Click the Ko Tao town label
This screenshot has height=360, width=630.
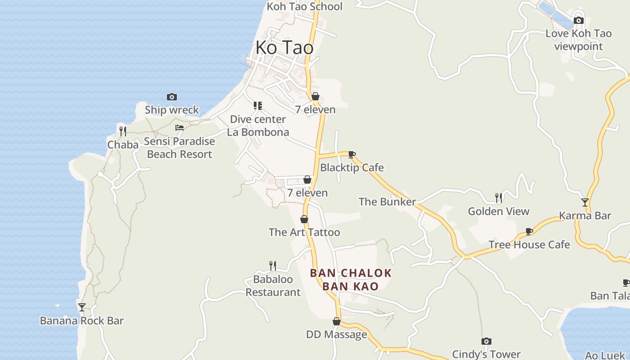[x=284, y=48]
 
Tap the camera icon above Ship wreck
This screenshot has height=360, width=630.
[x=171, y=97]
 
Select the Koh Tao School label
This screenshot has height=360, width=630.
[x=304, y=6]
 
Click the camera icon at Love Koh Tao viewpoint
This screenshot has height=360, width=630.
[x=579, y=20]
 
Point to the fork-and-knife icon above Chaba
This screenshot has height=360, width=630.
[x=122, y=131]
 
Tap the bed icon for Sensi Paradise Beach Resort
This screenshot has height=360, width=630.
[x=180, y=128]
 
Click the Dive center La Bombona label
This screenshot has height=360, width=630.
[x=258, y=126]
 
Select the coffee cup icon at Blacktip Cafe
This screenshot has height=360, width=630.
[x=352, y=155]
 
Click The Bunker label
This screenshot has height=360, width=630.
[x=387, y=202]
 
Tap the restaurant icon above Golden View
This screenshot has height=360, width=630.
[x=499, y=198]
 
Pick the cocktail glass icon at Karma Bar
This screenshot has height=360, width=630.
[x=585, y=202]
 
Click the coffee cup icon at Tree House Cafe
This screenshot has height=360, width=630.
[x=529, y=232]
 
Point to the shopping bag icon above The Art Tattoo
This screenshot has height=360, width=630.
[x=304, y=219]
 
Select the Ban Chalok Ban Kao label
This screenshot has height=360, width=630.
[x=351, y=279]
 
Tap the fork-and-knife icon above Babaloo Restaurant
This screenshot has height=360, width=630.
[x=272, y=265]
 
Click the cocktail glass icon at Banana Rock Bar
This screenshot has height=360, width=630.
[x=81, y=307]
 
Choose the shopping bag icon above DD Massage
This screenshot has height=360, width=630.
[x=336, y=321]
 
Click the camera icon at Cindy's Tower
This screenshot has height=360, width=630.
[x=486, y=341]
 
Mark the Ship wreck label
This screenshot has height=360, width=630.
[x=171, y=110]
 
